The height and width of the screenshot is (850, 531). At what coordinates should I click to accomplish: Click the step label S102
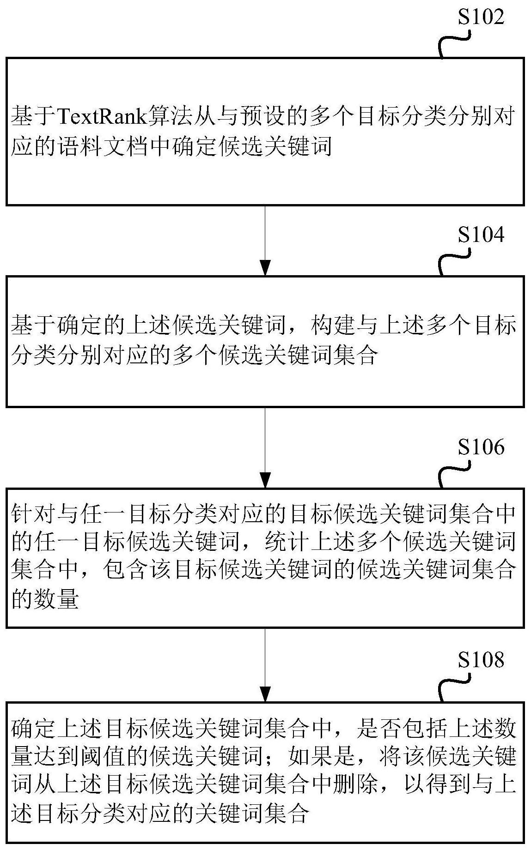click(x=481, y=17)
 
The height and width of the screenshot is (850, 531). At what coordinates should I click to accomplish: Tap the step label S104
click(x=481, y=235)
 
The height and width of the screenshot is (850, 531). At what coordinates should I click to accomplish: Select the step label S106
click(x=481, y=447)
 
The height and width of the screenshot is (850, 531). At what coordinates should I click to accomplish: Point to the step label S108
click(x=481, y=661)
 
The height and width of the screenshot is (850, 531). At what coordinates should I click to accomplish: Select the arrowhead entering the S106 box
click(x=265, y=480)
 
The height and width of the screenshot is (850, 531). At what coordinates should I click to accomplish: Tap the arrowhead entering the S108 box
click(x=265, y=693)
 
